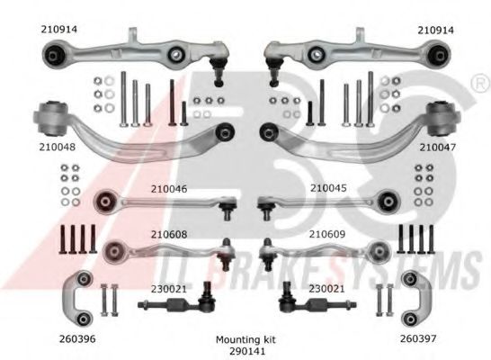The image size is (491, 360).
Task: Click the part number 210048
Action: [x=58, y=147]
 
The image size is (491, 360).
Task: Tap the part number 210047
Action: [x=437, y=147]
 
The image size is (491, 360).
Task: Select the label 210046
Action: [x=169, y=189]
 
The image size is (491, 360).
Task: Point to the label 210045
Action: [x=328, y=188]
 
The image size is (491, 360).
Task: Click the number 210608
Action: [x=169, y=234]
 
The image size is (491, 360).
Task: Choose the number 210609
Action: [x=327, y=234]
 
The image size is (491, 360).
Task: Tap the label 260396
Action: [x=77, y=338]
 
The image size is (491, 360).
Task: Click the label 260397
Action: [x=418, y=338]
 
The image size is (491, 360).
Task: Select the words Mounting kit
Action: [x=245, y=339]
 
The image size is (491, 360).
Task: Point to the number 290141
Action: [x=247, y=351]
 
